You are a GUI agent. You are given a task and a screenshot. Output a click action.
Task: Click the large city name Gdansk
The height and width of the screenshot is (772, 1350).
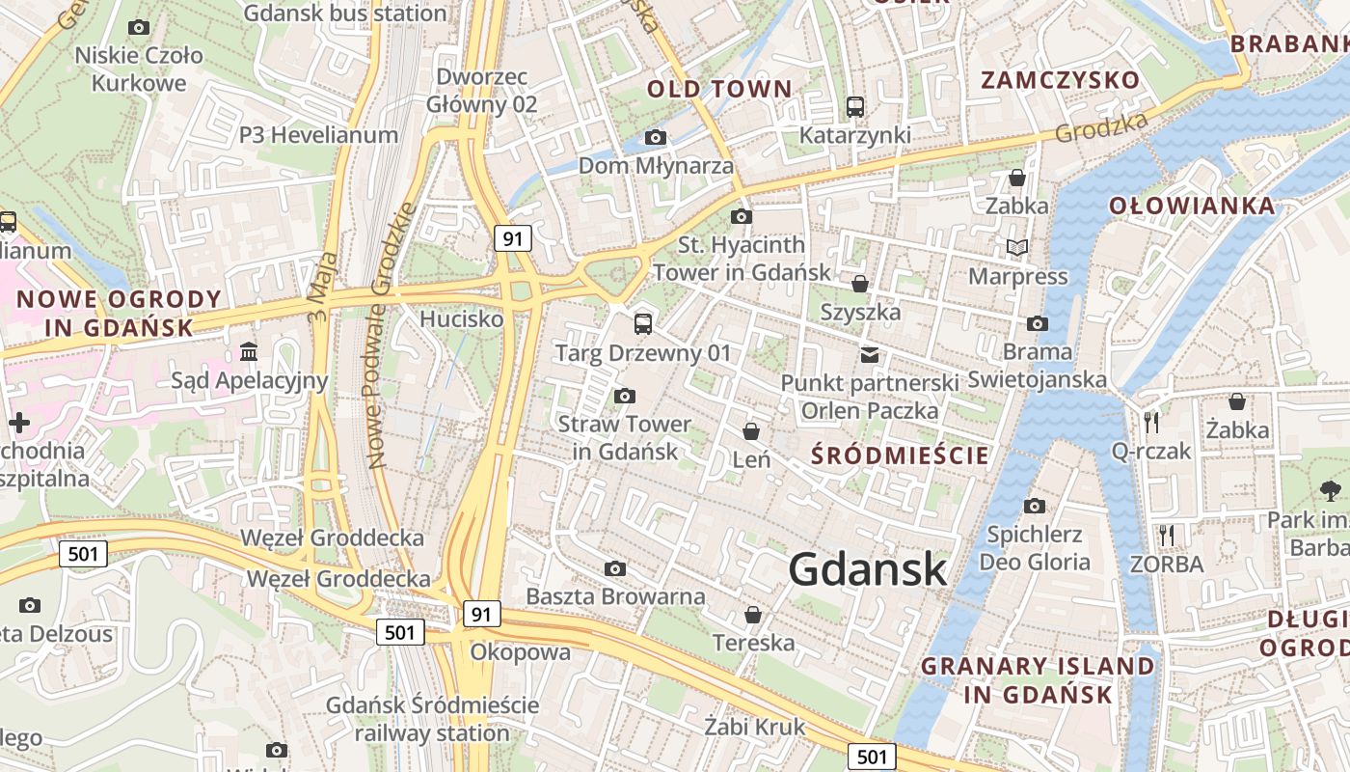[868, 569]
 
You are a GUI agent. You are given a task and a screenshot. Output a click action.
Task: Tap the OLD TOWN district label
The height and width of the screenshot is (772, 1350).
[719, 89]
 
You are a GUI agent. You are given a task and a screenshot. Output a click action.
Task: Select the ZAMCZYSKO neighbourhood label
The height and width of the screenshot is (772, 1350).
[1061, 79]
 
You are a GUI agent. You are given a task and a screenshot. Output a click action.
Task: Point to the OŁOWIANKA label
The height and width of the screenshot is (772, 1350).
[1192, 205]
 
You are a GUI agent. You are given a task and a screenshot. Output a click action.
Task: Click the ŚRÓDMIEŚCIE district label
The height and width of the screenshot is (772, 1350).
[900, 455]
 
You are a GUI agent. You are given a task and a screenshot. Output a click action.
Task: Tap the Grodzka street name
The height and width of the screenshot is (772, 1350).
[1102, 127]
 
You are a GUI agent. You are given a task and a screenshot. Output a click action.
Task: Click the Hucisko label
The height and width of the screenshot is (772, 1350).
[462, 318]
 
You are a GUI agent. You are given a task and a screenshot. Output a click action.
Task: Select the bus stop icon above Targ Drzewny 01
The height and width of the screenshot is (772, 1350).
[643, 324]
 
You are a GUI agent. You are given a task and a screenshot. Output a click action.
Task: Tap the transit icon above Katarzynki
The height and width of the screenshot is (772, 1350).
[854, 107]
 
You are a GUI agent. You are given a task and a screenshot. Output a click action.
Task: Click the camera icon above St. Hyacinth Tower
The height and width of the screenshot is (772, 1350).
[742, 216]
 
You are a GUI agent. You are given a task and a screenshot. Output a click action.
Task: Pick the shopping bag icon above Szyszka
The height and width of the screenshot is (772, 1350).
[859, 284]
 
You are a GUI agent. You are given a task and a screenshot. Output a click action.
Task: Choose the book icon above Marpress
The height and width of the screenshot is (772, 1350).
[1016, 248]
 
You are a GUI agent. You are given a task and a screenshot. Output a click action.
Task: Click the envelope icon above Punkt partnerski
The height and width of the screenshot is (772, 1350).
[870, 355]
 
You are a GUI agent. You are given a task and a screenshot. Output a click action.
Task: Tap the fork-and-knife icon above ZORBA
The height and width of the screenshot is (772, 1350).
[1166, 535]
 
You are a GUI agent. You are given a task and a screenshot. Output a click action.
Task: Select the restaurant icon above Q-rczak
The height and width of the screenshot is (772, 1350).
[1151, 423]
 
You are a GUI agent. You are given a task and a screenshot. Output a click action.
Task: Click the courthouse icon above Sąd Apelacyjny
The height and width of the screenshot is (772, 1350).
[250, 351]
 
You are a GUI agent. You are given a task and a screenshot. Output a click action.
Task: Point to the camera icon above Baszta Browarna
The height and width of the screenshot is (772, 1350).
[614, 568]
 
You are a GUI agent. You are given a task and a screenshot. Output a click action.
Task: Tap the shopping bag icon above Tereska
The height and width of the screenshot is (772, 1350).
[753, 615]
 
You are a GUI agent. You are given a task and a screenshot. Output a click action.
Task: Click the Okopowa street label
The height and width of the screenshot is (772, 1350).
[520, 652]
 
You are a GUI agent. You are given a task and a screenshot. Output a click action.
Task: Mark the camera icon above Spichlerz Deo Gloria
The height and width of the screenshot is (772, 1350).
[1035, 506]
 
